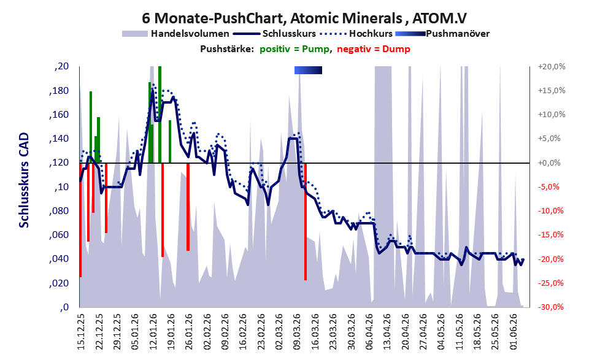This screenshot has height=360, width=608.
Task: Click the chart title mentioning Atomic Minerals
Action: click(x=304, y=18)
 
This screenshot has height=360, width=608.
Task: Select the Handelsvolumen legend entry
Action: click(x=175, y=34)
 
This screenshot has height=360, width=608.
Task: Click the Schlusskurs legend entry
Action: click(x=274, y=34)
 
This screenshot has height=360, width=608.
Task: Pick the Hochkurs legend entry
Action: click(x=356, y=34)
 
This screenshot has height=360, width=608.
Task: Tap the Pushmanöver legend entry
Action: click(x=442, y=34)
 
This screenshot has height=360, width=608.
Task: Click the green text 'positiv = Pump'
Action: click(x=294, y=49)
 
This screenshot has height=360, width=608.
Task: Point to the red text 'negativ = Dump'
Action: click(x=374, y=49)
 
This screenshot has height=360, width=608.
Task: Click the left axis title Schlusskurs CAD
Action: click(x=24, y=180)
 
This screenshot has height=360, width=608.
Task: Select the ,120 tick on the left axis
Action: click(x=59, y=163)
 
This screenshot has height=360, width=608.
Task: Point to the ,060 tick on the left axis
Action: click(x=59, y=235)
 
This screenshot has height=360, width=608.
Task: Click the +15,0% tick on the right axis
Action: click(x=552, y=91)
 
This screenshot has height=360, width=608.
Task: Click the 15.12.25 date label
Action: click(x=80, y=332)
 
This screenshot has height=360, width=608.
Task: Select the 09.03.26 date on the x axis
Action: click(x=298, y=332)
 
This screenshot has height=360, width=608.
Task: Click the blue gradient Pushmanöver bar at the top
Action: click(x=308, y=70)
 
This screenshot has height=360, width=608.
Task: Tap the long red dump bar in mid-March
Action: click(x=306, y=221)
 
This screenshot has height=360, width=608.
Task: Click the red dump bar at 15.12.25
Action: click(x=80, y=220)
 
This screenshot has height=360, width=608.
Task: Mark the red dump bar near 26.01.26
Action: click(x=188, y=207)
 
